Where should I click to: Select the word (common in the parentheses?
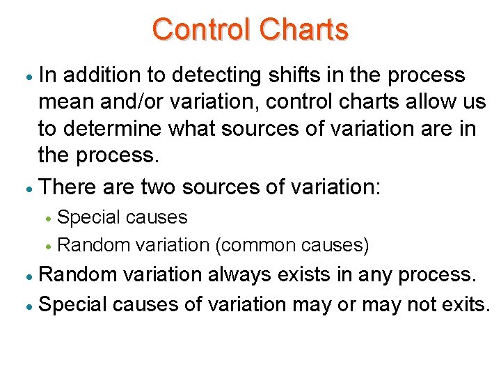[x=257, y=245]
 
